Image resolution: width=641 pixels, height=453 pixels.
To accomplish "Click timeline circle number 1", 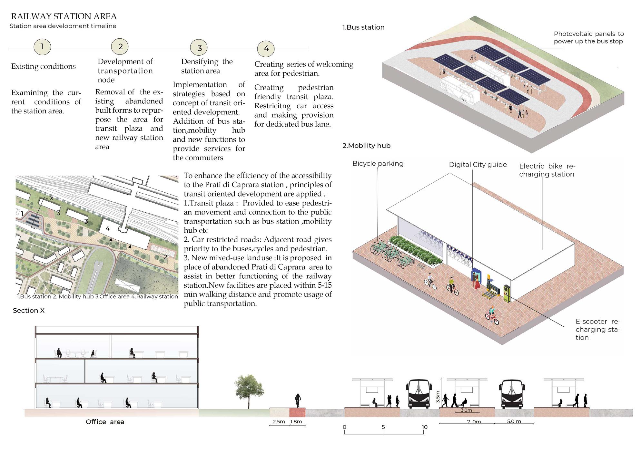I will [x=42, y=47].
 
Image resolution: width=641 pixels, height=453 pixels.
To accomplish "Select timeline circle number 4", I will [x=266, y=48].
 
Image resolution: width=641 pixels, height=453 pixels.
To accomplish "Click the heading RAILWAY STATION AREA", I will [x=64, y=16].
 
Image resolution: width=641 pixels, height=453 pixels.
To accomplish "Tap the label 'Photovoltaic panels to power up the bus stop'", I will [x=588, y=37].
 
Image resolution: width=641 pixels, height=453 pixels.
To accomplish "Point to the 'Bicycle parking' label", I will [x=378, y=163].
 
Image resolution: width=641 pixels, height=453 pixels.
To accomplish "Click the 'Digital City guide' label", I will [x=478, y=165].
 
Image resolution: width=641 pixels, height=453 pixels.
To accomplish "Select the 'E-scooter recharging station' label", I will [x=597, y=329].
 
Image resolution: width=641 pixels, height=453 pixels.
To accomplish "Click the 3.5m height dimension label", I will [x=438, y=397].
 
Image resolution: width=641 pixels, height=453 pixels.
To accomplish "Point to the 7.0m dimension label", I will [x=474, y=421].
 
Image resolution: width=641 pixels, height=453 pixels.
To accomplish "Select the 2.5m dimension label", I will [x=279, y=421].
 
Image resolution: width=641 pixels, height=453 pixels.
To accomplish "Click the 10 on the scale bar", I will [x=424, y=427].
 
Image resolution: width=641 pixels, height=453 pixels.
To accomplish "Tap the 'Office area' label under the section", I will [x=105, y=422].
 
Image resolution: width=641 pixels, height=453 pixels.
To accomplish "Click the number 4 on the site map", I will [x=108, y=228].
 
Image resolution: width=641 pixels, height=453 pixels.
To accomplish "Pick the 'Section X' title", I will [x=29, y=311].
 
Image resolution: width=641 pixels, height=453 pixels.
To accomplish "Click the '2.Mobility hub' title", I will [x=366, y=146].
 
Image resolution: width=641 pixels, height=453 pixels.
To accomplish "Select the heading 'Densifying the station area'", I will [x=207, y=66].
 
